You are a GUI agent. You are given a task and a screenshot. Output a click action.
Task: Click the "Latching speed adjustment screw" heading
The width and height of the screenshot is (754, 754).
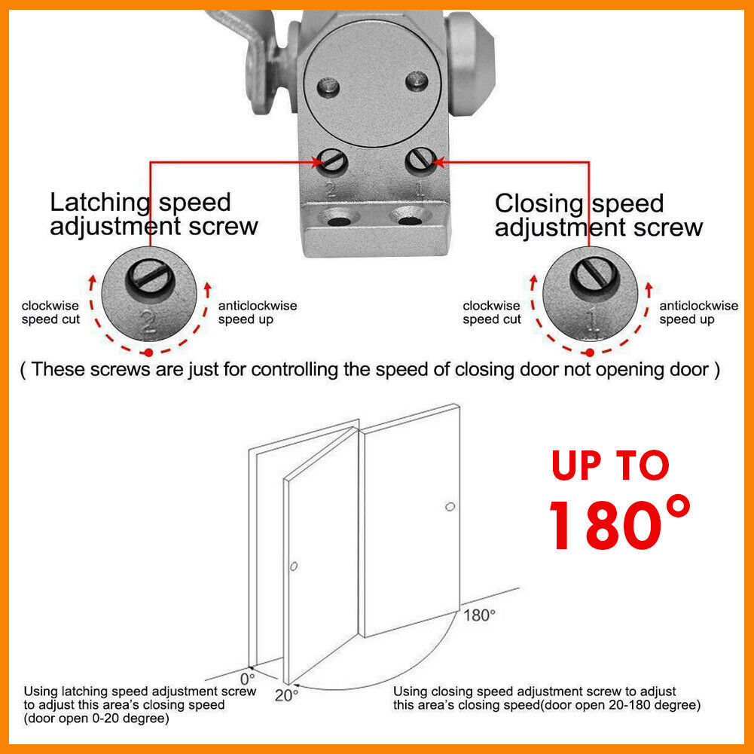pyautogui.click(x=154, y=214)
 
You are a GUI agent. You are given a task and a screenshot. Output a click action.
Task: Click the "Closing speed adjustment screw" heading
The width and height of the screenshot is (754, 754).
pyautogui.click(x=599, y=215)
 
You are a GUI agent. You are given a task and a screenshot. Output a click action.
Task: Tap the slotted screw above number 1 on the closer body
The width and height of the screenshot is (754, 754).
pyautogui.click(x=418, y=160)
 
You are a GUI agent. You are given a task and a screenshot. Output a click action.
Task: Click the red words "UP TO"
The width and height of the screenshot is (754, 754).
pyautogui.click(x=610, y=466)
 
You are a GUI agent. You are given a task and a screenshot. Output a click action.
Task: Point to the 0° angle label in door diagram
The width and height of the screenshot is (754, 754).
pyautogui.click(x=248, y=676)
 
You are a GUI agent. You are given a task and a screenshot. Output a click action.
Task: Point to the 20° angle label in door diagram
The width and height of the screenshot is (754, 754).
pyautogui.click(x=285, y=694)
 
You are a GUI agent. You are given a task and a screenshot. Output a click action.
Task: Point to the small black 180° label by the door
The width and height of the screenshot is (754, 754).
pyautogui.click(x=479, y=615)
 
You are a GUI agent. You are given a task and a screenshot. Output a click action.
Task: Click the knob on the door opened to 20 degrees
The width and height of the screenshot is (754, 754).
pyautogui.click(x=295, y=566)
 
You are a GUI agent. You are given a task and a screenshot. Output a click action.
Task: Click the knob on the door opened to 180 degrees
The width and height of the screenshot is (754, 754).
pyautogui.click(x=450, y=507)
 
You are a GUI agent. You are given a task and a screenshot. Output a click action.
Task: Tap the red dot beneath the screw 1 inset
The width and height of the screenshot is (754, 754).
pyautogui.click(x=590, y=353)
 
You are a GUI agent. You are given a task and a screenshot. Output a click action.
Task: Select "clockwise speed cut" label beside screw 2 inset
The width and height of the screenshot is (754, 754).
pyautogui.click(x=50, y=313)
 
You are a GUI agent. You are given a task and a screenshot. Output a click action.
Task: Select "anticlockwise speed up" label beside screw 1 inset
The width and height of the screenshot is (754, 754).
pyautogui.click(x=698, y=313)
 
